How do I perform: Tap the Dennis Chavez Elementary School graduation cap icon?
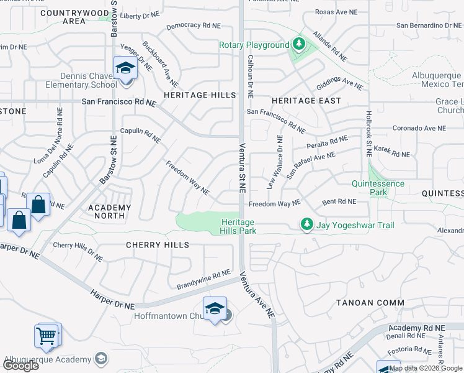pyautogui.click(x=125, y=68)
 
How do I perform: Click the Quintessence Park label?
pyautogui.click(x=378, y=188)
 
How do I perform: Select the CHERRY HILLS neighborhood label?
pyautogui.click(x=157, y=245)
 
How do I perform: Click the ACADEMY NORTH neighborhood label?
pyautogui.click(x=110, y=212)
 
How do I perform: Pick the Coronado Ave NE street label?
pyautogui.click(x=419, y=128)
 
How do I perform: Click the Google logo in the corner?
pyautogui.click(x=20, y=366)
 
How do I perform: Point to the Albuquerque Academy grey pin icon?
pyautogui.click(x=100, y=359)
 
